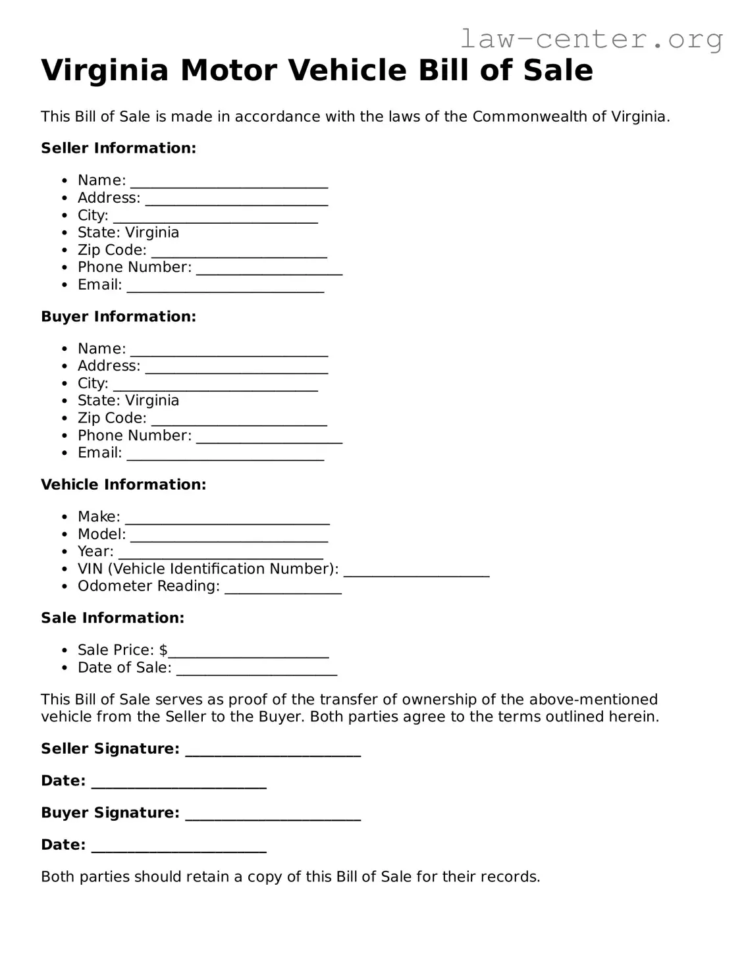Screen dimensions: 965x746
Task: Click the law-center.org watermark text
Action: click(591, 39)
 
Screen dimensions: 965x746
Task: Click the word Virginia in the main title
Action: click(105, 70)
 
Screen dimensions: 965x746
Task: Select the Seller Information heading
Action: click(119, 148)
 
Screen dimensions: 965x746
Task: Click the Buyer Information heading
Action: click(119, 317)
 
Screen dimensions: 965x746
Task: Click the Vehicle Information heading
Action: click(123, 484)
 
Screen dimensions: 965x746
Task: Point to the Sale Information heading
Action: click(113, 618)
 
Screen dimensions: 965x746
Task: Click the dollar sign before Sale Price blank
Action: click(163, 650)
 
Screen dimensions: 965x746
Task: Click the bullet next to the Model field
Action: click(64, 535)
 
